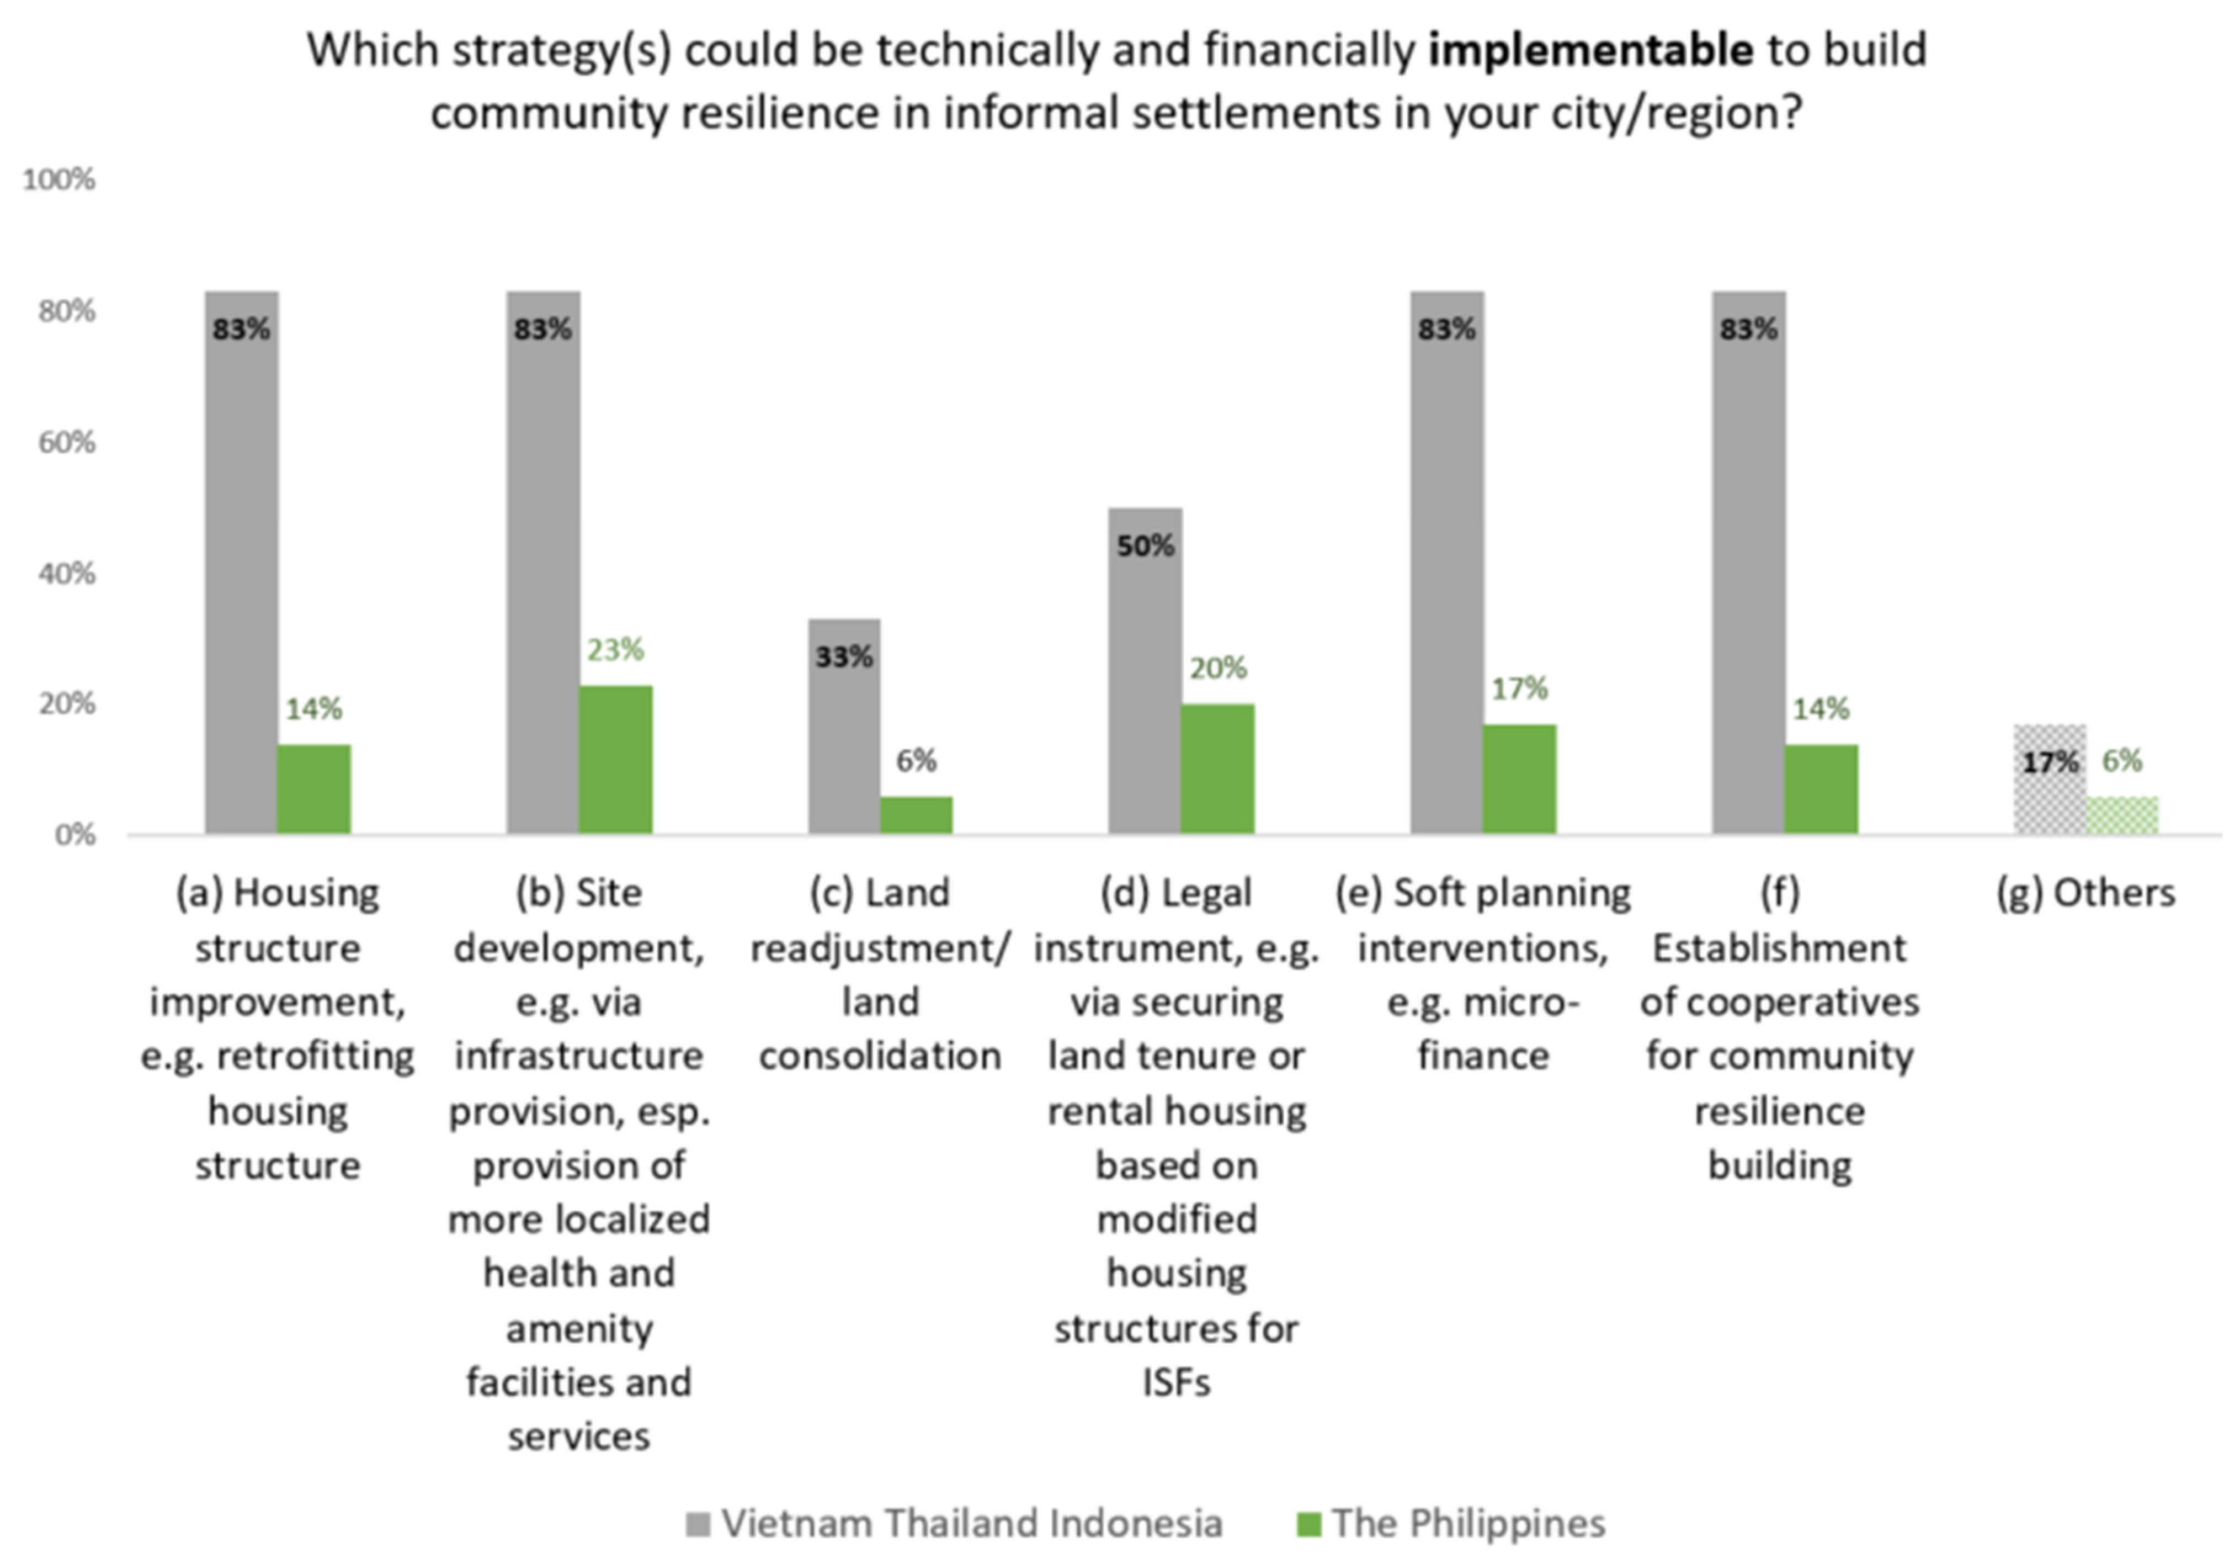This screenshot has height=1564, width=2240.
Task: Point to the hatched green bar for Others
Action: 2122,815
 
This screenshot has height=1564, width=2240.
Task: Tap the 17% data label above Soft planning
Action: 1519,689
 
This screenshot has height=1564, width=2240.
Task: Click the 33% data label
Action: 844,656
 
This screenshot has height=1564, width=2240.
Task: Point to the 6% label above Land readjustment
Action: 916,760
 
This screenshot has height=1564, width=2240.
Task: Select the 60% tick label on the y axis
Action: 66,442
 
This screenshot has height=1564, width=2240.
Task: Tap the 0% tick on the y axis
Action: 74,835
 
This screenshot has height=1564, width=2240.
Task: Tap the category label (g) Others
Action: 2086,892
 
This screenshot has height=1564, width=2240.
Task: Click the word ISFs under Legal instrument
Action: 1177,1382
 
